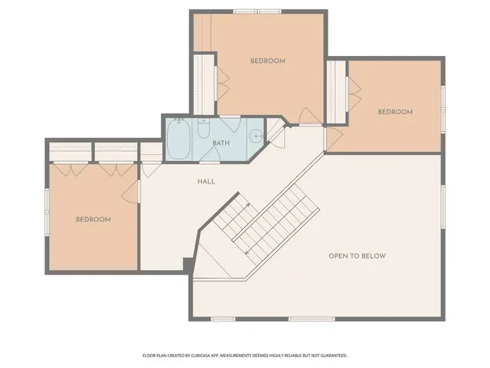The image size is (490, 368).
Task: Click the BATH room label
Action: point(221,143)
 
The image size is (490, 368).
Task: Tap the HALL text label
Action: point(206,182)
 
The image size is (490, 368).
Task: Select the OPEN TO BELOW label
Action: point(357,256)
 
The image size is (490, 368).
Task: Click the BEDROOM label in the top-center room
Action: point(268,61)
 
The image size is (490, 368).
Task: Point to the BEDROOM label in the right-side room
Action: point(395,112)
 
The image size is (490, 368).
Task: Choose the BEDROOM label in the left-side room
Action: point(93,219)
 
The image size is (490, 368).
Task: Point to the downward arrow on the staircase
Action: point(247,251)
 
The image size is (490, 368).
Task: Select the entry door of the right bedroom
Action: point(333,139)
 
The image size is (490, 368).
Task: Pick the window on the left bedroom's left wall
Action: point(47,211)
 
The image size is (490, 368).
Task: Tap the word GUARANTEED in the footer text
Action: point(331,356)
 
